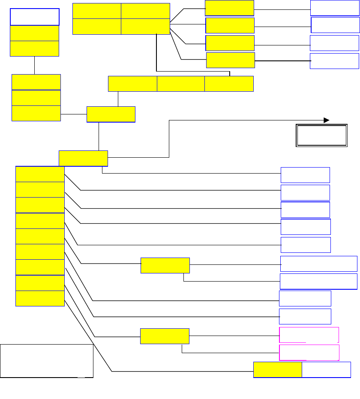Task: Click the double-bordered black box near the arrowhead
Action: (x=321, y=136)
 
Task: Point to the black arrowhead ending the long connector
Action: (x=326, y=120)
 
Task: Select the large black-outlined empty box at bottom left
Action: (x=47, y=360)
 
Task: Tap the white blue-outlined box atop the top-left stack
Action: (x=35, y=17)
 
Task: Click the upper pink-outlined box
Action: (x=309, y=335)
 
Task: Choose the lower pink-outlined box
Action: (x=309, y=352)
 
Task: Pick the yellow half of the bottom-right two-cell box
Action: (x=278, y=369)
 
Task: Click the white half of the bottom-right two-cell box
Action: (x=326, y=369)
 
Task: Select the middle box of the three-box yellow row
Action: (x=180, y=84)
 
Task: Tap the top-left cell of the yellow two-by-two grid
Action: (x=96, y=11)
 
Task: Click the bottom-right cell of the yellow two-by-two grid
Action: (x=145, y=26)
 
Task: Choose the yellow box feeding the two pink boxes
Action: (x=165, y=336)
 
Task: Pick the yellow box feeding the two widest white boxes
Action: (x=165, y=265)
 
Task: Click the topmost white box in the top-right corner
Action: (x=335, y=8)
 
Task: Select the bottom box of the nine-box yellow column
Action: (x=40, y=298)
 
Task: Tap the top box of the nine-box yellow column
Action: (x=40, y=174)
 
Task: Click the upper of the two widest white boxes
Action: (x=318, y=264)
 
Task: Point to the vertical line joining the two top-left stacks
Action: (x=34, y=65)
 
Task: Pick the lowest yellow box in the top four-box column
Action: (x=231, y=60)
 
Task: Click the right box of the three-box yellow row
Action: (x=229, y=84)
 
